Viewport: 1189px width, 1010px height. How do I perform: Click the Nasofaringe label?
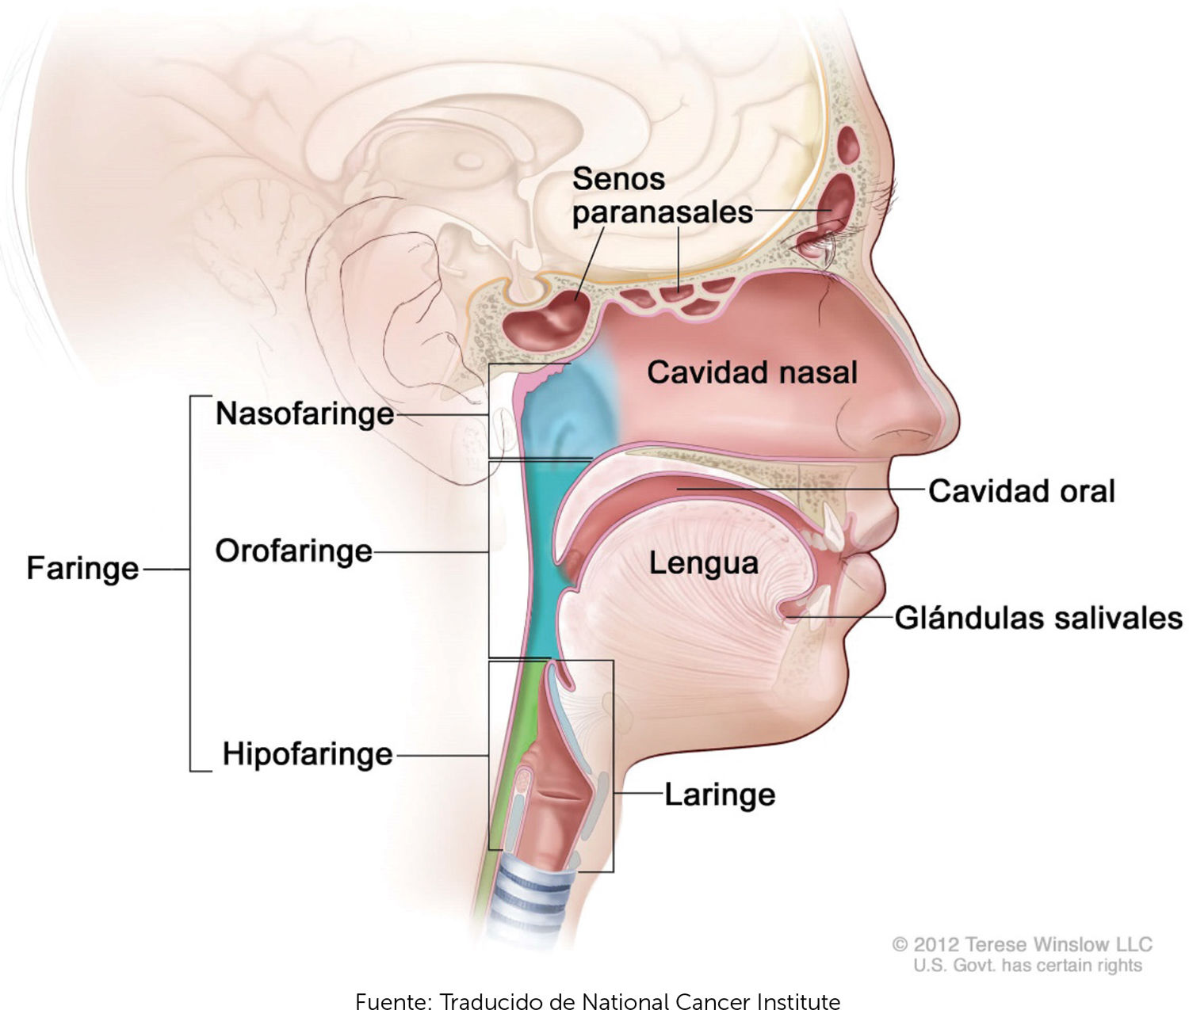pyautogui.click(x=304, y=414)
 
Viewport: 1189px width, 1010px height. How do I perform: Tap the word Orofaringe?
pyautogui.click(x=293, y=551)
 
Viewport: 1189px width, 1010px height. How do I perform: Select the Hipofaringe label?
pyautogui.click(x=307, y=754)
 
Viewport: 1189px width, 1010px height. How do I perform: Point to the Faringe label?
pyautogui.click(x=82, y=568)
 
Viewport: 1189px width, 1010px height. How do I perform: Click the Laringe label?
pyautogui.click(x=719, y=794)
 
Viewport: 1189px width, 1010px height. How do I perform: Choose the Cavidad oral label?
pyautogui.click(x=1021, y=491)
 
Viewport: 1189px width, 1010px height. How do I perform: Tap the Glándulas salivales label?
pyautogui.click(x=1038, y=618)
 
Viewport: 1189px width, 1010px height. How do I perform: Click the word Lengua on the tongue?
pyautogui.click(x=703, y=563)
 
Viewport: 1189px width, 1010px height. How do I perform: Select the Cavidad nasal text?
pyautogui.click(x=751, y=372)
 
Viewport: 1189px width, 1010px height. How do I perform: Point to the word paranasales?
pyautogui.click(x=662, y=212)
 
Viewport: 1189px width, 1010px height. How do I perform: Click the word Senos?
pyautogui.click(x=618, y=179)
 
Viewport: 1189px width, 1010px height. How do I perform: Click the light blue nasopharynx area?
pyautogui.click(x=563, y=412)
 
